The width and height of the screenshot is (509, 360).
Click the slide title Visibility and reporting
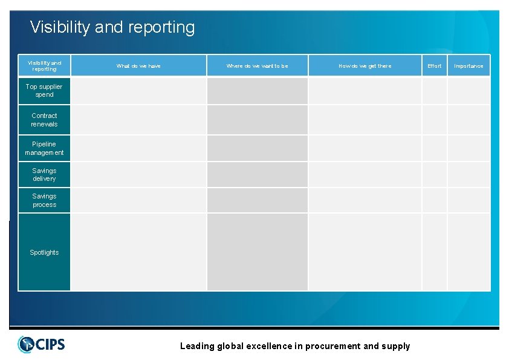click(112, 27)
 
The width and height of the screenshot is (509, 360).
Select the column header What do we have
click(138, 66)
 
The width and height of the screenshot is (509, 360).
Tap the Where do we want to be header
click(257, 66)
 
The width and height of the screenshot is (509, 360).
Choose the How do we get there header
click(365, 66)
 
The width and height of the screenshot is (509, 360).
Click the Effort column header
click(434, 66)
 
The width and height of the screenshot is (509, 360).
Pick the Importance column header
click(468, 66)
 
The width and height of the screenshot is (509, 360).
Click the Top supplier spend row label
click(44, 91)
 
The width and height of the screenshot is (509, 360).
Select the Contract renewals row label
click(44, 120)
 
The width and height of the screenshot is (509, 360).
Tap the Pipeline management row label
click(44, 148)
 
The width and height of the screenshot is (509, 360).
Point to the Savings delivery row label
click(44, 175)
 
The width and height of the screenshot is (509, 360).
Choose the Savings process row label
click(44, 200)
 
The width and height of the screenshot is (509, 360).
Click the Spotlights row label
click(44, 252)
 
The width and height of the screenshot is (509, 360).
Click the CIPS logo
click(41, 344)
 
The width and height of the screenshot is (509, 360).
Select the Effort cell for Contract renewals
click(434, 120)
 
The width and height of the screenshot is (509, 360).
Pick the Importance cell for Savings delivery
click(468, 175)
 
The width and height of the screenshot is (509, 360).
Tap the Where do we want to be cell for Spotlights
click(257, 252)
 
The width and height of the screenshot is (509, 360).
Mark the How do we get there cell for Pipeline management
click(365, 148)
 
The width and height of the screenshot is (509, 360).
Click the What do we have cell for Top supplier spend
click(138, 91)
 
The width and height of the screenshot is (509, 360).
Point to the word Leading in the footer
click(197, 346)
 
